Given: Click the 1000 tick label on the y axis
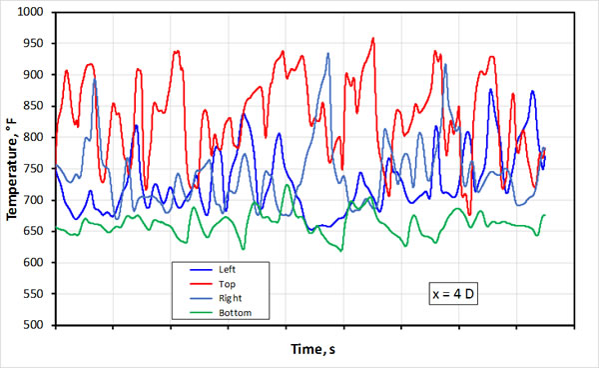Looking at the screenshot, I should (38, 12).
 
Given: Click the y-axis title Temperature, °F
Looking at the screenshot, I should (12, 168).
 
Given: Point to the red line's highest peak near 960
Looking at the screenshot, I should (373, 39).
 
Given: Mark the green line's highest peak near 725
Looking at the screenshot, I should (288, 185).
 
